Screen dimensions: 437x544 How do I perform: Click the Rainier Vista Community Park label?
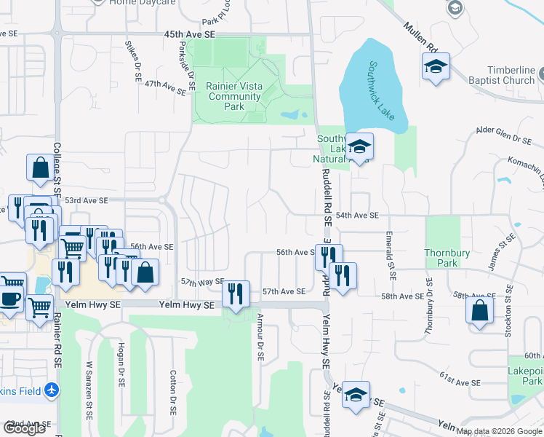(x=233, y=96)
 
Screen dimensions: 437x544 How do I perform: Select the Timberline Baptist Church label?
(x=501, y=74)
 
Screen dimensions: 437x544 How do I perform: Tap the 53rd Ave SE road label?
(x=86, y=200)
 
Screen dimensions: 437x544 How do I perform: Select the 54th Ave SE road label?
(x=357, y=216)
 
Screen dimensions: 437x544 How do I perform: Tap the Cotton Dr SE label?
(x=173, y=391)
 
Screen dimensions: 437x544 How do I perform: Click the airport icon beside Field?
(x=51, y=391)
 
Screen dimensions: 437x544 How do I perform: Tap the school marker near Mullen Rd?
(x=436, y=67)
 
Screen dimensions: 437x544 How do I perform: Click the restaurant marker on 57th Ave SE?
(x=235, y=294)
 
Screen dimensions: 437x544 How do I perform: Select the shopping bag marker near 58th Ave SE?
(x=480, y=311)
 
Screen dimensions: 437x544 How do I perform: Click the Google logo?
(x=24, y=428)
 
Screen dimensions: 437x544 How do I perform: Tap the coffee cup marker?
(x=10, y=299)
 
